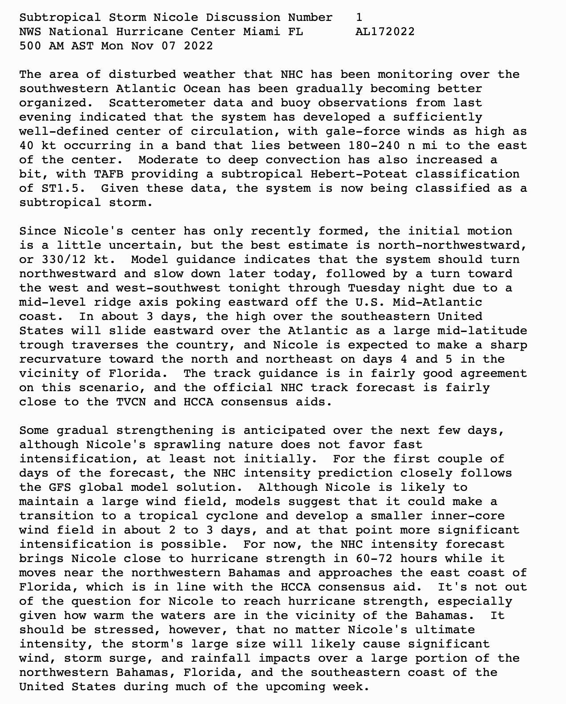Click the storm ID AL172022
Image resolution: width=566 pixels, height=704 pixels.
pyautogui.click(x=385, y=32)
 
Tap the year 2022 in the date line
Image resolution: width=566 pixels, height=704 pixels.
pyautogui.click(x=198, y=46)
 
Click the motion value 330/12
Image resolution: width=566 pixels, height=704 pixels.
pyautogui.click(x=64, y=259)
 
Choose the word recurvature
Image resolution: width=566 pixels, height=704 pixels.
pyautogui.click(x=60, y=359)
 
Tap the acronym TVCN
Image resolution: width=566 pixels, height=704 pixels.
pyautogui.click(x=131, y=402)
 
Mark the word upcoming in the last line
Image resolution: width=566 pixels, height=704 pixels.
pyautogui.click(x=295, y=687)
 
